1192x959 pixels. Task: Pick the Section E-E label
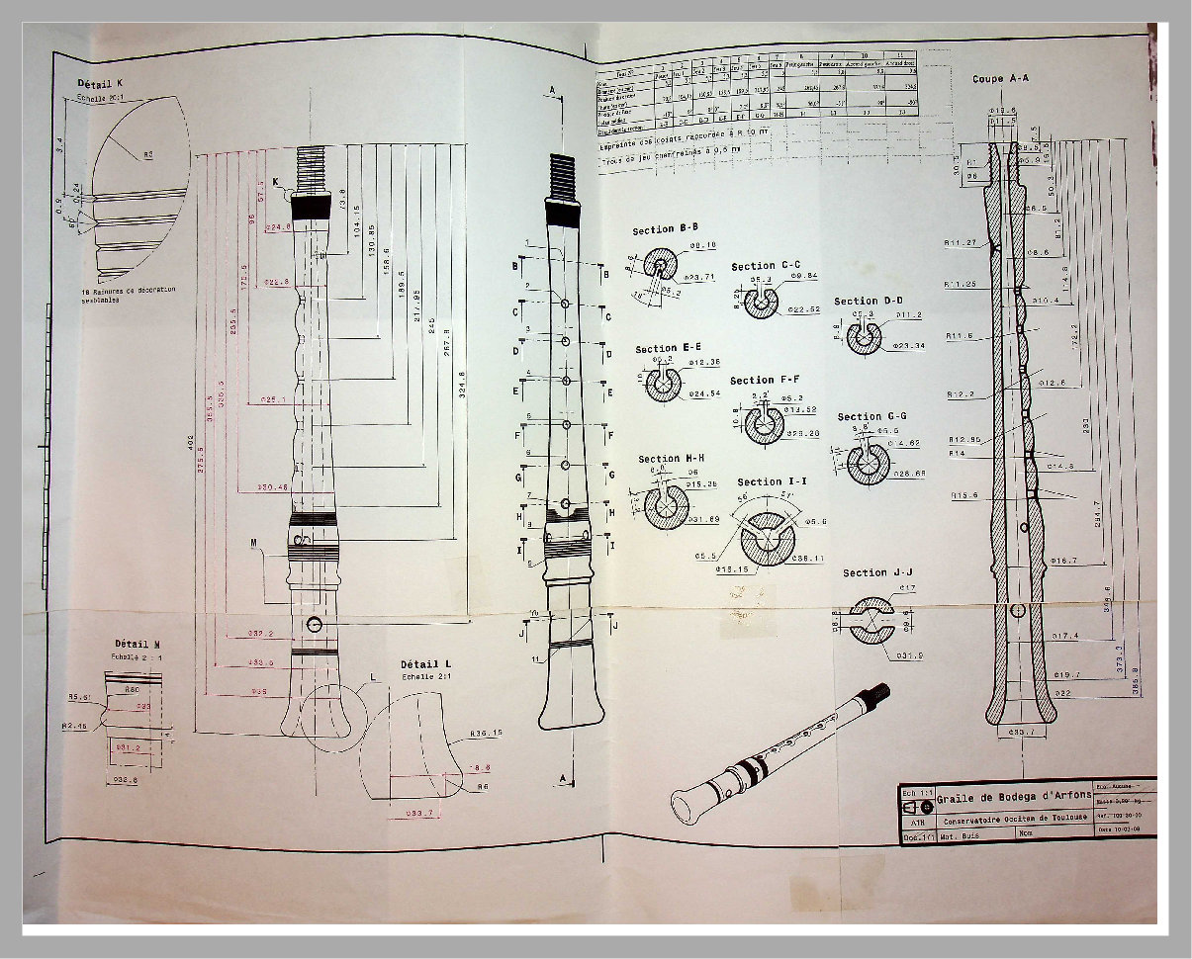(670, 349)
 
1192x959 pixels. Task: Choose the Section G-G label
(871, 417)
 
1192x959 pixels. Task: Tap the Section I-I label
(772, 482)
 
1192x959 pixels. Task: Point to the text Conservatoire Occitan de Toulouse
(1015, 818)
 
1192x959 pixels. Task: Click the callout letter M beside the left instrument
(254, 545)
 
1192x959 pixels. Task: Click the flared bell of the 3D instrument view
(690, 799)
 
